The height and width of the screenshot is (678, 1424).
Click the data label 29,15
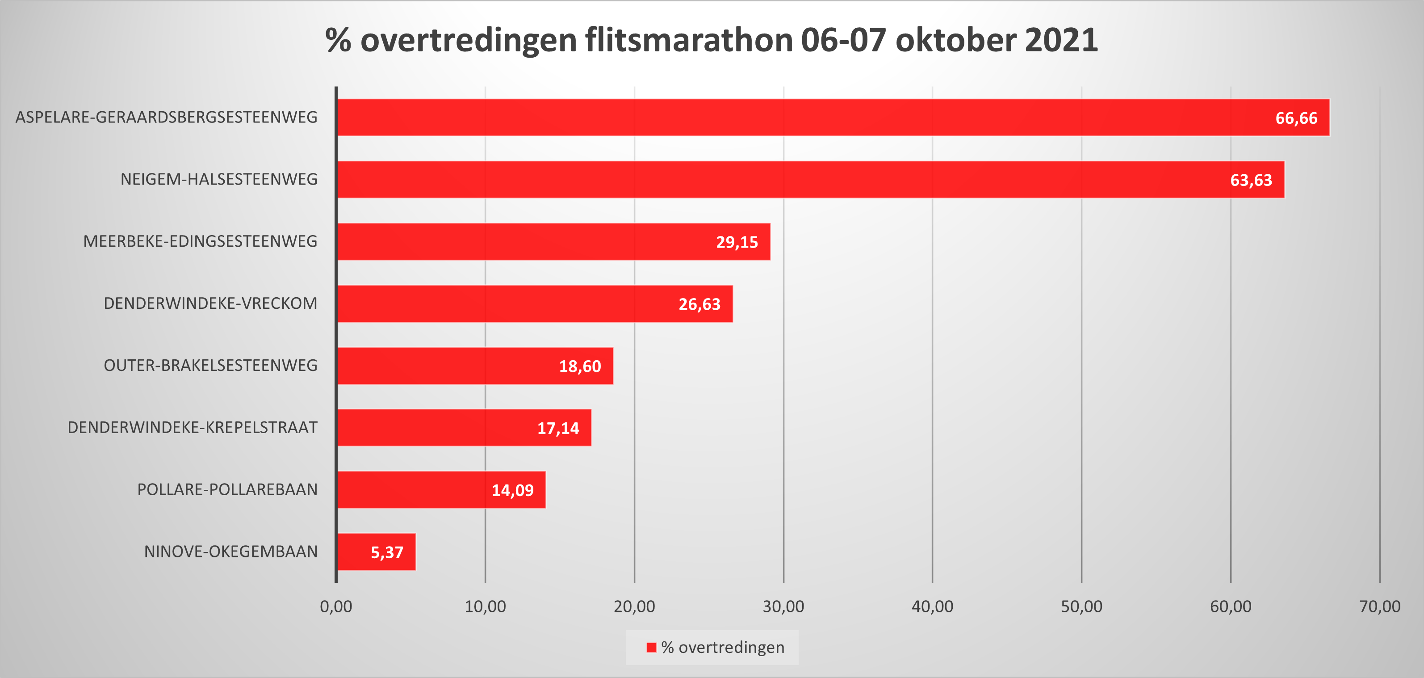[737, 242]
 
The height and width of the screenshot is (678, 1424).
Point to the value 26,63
[699, 304]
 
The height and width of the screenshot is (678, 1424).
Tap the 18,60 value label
[580, 366]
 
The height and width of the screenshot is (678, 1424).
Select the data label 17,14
[558, 428]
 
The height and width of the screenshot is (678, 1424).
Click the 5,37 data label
[387, 552]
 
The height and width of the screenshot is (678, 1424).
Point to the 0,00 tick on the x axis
[336, 606]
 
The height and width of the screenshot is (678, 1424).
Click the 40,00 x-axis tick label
[932, 606]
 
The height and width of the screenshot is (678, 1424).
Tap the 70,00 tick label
[1379, 606]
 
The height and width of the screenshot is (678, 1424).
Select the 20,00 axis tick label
[634, 606]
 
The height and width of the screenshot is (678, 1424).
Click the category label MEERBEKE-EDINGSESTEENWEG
[200, 241]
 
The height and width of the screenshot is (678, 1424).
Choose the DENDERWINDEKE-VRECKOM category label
[211, 303]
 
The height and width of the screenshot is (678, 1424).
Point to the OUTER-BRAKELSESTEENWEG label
[211, 365]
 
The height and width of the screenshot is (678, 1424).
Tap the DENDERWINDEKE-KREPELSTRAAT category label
[193, 427]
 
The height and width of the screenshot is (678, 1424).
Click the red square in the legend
[652, 648]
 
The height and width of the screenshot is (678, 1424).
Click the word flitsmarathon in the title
[689, 40]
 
